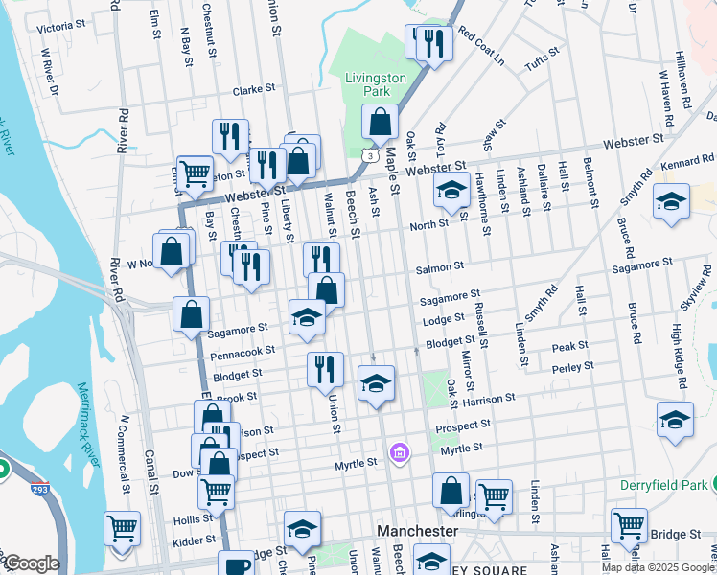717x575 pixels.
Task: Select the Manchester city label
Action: [416, 530]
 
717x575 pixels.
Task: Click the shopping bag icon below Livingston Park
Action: [380, 123]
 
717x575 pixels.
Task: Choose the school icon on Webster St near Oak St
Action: [450, 191]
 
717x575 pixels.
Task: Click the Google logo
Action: [32, 563]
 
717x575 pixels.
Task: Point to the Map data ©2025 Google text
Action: [657, 567]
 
